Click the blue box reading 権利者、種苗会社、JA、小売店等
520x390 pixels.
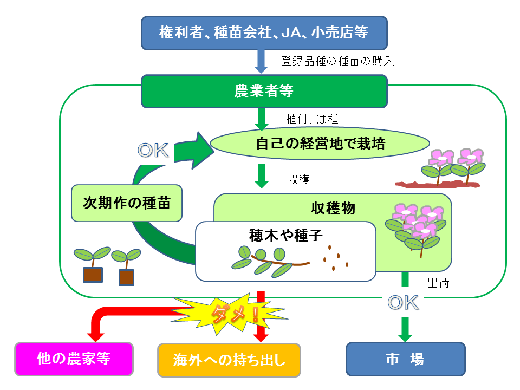[x=264, y=33]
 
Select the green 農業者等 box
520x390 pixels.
[x=264, y=91]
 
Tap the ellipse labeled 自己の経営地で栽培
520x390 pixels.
[x=320, y=144]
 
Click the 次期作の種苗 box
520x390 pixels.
[x=127, y=203]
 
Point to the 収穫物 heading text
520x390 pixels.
[x=333, y=208]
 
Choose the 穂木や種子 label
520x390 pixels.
[x=286, y=235]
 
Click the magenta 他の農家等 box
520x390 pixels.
[x=74, y=359]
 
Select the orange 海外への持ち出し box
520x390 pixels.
[x=229, y=360]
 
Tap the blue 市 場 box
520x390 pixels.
[x=406, y=359]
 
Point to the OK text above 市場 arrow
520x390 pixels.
[x=403, y=303]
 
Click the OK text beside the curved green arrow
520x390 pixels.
[x=153, y=150]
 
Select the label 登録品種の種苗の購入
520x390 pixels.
[x=337, y=61]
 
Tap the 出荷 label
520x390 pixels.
[x=438, y=283]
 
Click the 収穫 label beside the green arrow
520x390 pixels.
[x=298, y=179]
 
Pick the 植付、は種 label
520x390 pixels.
[x=312, y=119]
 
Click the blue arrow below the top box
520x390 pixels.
[x=261, y=62]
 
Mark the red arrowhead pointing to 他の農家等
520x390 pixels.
[x=95, y=336]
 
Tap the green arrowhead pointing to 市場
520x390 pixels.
[x=405, y=336]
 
